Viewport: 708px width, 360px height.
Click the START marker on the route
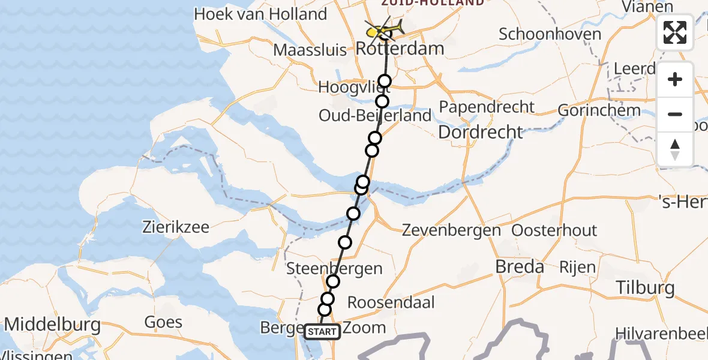pos(322,332)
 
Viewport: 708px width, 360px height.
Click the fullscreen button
pos(675,32)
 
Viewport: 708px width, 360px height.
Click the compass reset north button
pos(675,149)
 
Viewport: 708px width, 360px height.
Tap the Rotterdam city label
pos(400,49)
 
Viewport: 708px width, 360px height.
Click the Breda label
pos(520,266)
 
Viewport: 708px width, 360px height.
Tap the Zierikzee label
pos(176,227)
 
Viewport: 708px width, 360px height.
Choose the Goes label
pos(163,322)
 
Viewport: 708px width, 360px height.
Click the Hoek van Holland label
pos(260,14)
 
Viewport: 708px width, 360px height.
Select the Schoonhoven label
pos(550,34)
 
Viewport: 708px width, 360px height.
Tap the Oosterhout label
pos(554,230)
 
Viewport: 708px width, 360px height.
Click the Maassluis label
pos(310,50)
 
